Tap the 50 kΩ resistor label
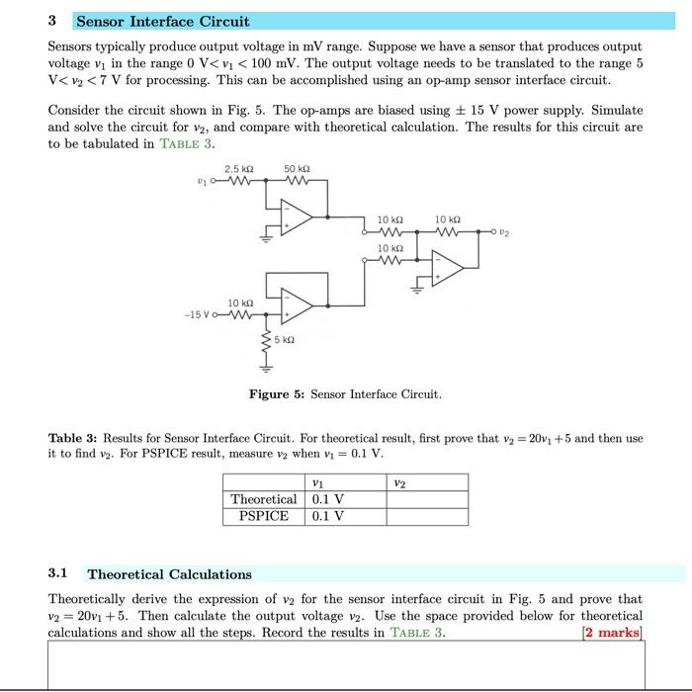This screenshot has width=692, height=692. click(297, 170)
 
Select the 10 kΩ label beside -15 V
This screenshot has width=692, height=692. click(240, 303)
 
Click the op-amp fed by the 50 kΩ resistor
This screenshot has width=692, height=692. click(298, 218)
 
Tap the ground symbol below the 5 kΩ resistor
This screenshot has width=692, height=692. click(264, 371)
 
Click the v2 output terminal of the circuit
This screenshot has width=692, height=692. click(492, 233)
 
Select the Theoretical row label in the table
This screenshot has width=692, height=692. click(263, 499)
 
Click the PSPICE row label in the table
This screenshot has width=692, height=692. click(263, 516)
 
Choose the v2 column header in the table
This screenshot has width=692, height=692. click(398, 482)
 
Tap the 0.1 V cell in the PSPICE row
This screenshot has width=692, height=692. click(327, 516)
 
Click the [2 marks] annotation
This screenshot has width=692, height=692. click(613, 633)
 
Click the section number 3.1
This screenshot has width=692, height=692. click(58, 573)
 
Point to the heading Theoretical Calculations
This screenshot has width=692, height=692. click(169, 573)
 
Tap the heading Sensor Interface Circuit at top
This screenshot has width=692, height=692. click(163, 21)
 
